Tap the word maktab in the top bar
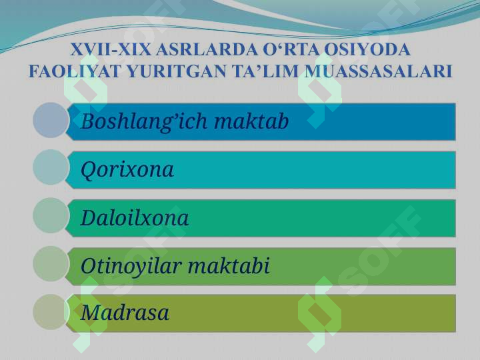[251, 121]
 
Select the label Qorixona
[127, 170]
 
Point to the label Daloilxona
[135, 217]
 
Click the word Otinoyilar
[131, 266]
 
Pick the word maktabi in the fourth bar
[229, 265]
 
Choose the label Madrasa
[125, 313]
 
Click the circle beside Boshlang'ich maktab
[51, 120]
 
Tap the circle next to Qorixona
[51, 167]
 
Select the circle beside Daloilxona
[51, 215]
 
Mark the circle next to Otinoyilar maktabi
[51, 264]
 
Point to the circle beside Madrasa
[51, 312]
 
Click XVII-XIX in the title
[111, 49]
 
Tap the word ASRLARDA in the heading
[207, 49]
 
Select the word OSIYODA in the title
[367, 49]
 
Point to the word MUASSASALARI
[378, 71]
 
